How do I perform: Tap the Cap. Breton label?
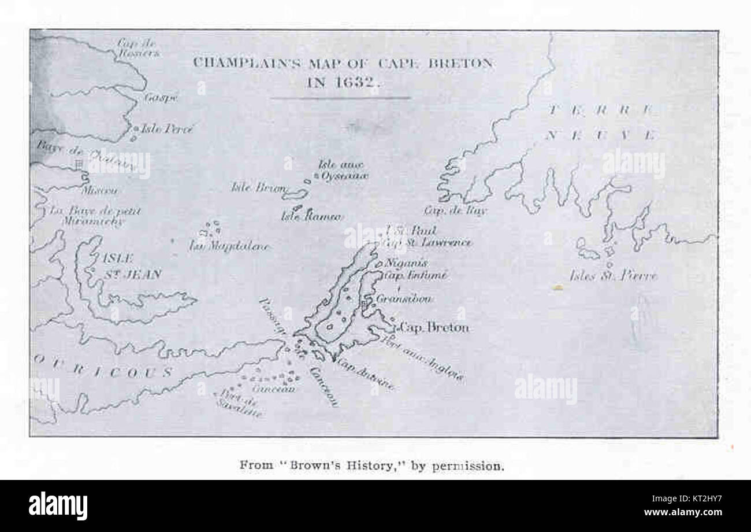click(x=434, y=328)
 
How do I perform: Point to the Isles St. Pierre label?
click(x=614, y=276)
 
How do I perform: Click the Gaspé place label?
click(x=161, y=98)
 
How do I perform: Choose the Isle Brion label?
click(x=258, y=187)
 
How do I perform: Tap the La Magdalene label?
click(x=229, y=246)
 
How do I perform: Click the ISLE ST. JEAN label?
click(x=131, y=266)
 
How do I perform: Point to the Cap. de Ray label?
click(x=455, y=210)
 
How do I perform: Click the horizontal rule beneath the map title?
click(x=341, y=98)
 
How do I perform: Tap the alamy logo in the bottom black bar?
click(x=58, y=506)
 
